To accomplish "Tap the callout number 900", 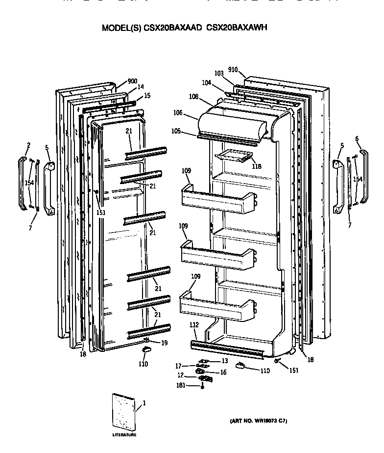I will point(132,81).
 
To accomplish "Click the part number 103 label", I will point(219,73).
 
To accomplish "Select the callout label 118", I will point(256,166).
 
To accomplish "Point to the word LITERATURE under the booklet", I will point(124,435).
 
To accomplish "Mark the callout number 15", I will point(147,95).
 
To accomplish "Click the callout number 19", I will point(165,343).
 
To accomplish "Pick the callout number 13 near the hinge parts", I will point(225,361).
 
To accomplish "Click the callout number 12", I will point(181,375).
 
